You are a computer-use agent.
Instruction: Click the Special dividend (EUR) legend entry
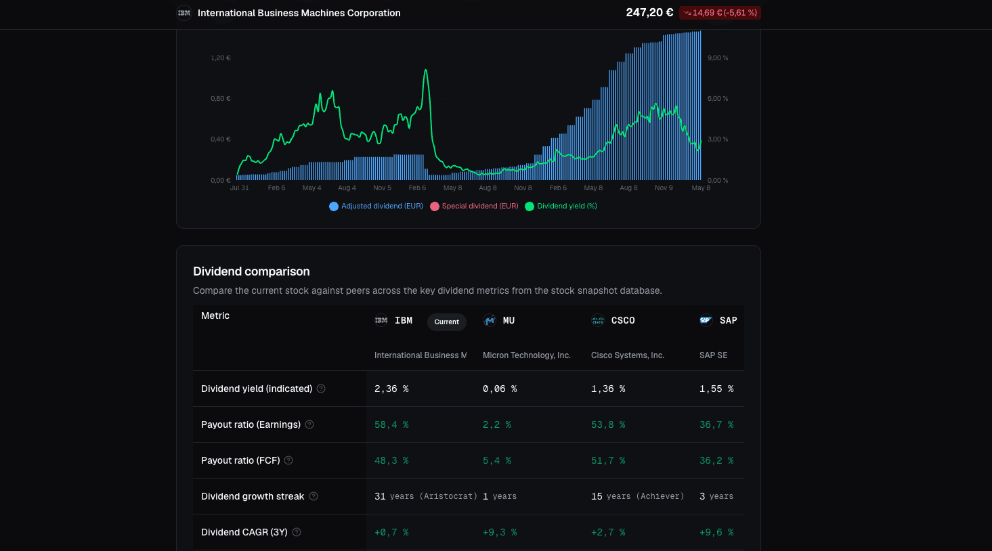point(474,206)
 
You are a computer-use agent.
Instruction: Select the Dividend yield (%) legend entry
point(561,206)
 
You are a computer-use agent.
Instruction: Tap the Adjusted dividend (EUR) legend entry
point(376,206)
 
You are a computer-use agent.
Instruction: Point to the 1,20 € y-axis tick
point(221,58)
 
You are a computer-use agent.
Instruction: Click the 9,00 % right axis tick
point(718,58)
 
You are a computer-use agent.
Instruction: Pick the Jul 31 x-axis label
point(239,188)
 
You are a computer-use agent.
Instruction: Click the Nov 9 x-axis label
point(664,188)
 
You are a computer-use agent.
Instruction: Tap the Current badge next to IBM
point(446,322)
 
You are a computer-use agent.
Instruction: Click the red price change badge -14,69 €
point(720,13)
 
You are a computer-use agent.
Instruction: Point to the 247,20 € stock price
point(649,13)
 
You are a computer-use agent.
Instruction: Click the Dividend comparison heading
point(251,271)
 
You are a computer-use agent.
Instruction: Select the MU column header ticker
point(509,320)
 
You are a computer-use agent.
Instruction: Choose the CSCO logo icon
point(597,320)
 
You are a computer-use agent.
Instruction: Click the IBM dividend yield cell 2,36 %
point(391,389)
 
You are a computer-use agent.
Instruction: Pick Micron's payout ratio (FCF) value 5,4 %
point(497,461)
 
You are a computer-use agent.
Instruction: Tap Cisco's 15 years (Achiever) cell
point(637,497)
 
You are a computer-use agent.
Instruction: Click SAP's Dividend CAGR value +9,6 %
point(716,533)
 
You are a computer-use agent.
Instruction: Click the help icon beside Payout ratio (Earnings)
point(309,424)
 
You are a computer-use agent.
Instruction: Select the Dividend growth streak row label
point(253,497)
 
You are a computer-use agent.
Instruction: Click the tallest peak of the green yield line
point(426,70)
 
